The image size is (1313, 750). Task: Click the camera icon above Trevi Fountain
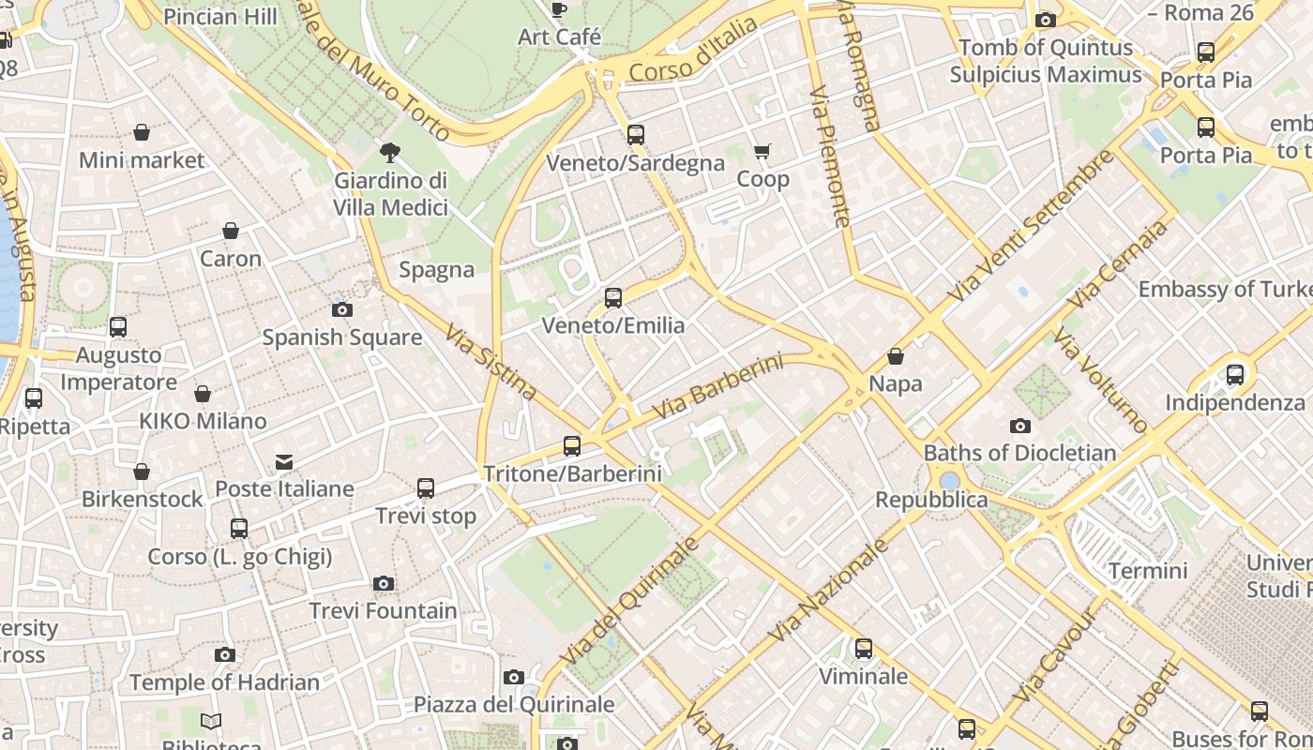click(383, 584)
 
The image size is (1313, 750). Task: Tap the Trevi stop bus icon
click(426, 488)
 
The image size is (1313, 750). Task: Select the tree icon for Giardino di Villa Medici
click(389, 152)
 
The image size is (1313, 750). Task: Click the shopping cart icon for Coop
click(762, 151)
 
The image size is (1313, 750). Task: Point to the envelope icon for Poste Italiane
click(284, 461)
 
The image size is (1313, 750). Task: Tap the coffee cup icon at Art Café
click(559, 10)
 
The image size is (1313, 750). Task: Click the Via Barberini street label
click(717, 386)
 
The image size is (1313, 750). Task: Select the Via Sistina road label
click(490, 362)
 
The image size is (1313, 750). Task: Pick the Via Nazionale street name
click(828, 591)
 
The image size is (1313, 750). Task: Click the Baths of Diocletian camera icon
click(1020, 427)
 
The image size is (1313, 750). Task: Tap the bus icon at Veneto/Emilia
click(613, 298)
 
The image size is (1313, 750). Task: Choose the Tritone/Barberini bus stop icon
click(572, 446)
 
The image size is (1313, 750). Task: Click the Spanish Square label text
click(341, 337)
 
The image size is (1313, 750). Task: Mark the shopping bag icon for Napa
click(896, 356)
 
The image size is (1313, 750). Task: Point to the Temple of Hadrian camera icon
click(225, 655)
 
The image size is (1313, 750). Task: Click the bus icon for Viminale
click(864, 649)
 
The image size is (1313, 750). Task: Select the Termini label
click(1148, 571)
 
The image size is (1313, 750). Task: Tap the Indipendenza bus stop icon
click(1235, 375)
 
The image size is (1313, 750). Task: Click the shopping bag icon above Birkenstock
click(142, 472)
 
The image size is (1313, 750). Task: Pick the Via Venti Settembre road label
click(1031, 226)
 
